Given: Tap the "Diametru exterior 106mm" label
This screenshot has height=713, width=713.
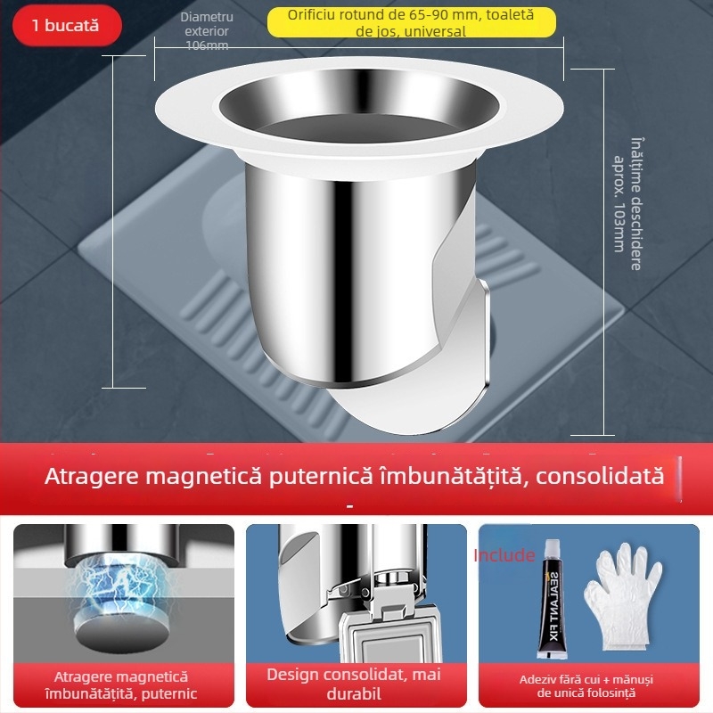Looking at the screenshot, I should coord(207,31).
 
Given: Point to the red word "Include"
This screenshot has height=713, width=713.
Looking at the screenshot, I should coord(504,555).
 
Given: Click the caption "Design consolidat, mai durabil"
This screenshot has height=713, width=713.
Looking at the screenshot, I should coord(356,684).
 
